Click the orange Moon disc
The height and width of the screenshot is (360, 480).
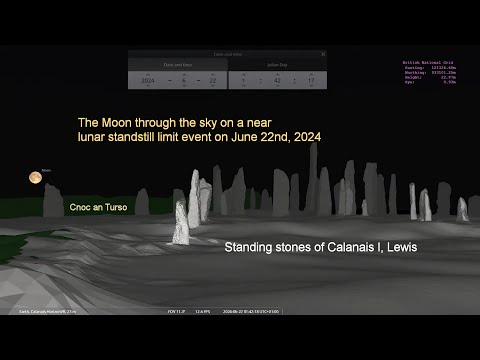click(x=35, y=178)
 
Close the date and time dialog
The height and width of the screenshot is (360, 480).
click(x=323, y=54)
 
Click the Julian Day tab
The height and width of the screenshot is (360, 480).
click(x=278, y=64)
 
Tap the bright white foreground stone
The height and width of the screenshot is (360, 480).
click(x=181, y=224)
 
